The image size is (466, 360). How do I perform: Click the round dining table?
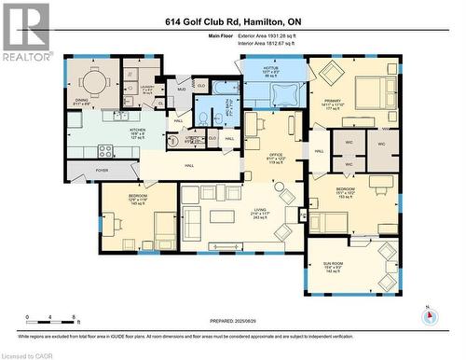(x=92, y=78)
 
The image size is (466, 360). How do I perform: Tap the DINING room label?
(x=82, y=103)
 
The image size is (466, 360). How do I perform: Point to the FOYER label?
(x=102, y=171)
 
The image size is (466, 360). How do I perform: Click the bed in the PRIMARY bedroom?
(x=369, y=94)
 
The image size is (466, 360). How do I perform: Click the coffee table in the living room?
(x=221, y=216)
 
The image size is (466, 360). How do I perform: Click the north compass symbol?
(x=429, y=315)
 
